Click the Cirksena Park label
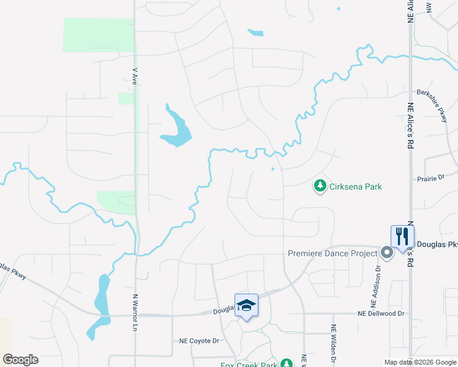tap(356, 186)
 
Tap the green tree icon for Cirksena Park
tap(320, 185)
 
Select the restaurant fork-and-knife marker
tap(402, 235)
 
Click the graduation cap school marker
tap(246, 305)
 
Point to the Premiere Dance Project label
tap(332, 253)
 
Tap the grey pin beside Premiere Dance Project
tap(386, 252)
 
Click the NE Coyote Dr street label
tap(199, 341)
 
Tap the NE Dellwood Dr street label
tap(381, 314)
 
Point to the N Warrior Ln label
tap(135, 313)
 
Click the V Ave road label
tap(135, 77)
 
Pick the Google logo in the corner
tap(20, 360)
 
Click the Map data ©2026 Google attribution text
tap(421, 362)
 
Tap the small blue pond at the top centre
tap(255, 32)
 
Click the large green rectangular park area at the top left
tap(98, 35)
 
